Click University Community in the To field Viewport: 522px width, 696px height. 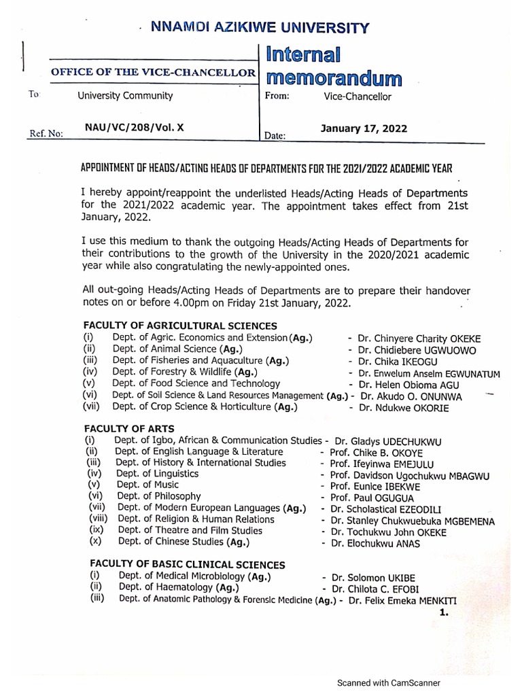click(x=125, y=96)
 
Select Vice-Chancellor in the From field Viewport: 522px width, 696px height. click(x=358, y=97)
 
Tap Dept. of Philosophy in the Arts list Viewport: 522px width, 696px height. click(x=158, y=497)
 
